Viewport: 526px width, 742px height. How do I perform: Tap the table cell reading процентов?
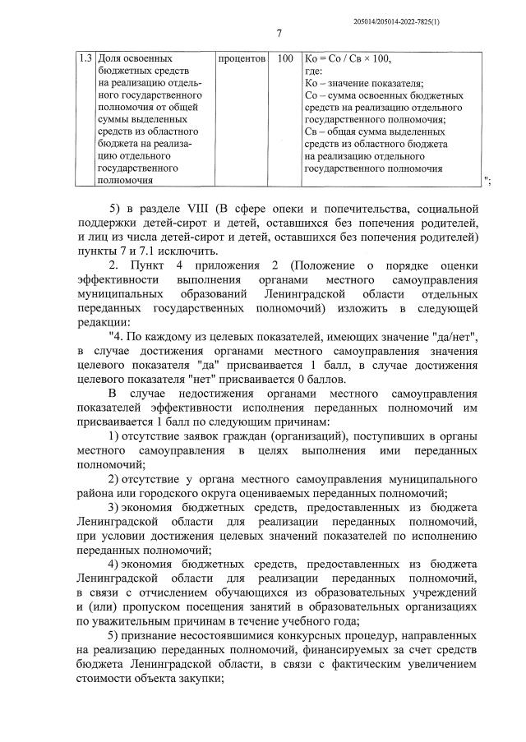[242, 59]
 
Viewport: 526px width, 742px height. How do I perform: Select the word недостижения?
[182, 391]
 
